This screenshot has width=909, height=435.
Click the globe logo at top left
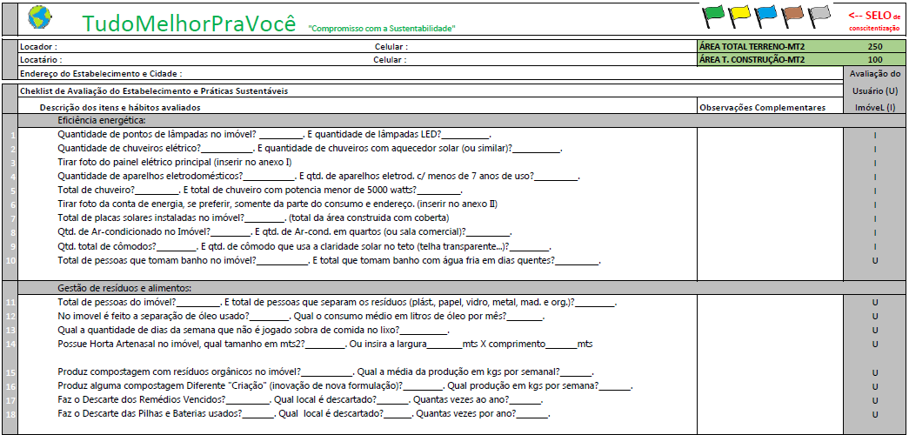[x=39, y=17]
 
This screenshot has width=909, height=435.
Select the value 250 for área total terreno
[x=874, y=46]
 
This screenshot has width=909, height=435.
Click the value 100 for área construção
[x=874, y=60]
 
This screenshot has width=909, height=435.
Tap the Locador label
[x=38, y=46]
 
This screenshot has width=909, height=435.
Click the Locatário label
[x=40, y=60]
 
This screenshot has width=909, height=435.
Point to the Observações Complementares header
[x=762, y=107]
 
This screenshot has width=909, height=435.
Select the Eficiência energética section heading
[x=102, y=120]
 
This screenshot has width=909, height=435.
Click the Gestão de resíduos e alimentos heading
[x=124, y=288]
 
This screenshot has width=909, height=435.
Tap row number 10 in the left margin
[x=10, y=260]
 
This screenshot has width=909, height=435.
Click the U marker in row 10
[x=874, y=260]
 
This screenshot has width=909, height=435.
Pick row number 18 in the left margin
[x=10, y=413]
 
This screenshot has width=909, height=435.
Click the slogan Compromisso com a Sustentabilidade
[x=382, y=29]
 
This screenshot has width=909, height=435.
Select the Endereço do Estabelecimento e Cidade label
[x=100, y=74]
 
